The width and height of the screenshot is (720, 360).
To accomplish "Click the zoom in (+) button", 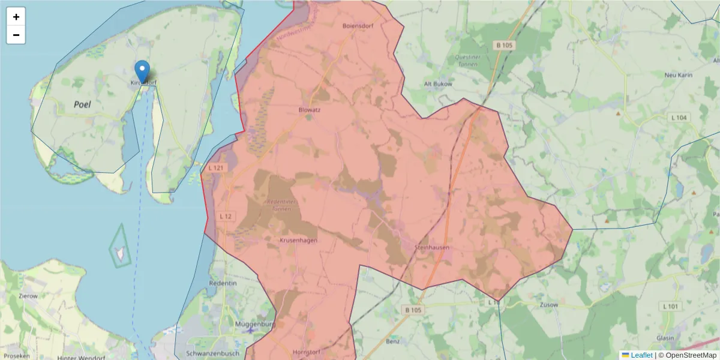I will click(x=16, y=17).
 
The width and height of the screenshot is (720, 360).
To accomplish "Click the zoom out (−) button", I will click(x=16, y=35).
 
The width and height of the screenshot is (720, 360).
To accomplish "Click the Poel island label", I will click(x=82, y=104).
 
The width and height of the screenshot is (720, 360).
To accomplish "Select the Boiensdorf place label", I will click(x=358, y=26).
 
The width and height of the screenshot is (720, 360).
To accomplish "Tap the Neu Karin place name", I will click(x=679, y=75).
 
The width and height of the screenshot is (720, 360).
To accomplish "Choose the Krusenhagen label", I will click(x=298, y=240).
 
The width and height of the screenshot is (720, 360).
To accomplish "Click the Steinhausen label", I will click(x=432, y=247).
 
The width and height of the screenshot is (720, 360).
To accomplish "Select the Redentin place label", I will click(x=223, y=283).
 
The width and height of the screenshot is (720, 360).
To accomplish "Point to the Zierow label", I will click(x=28, y=296).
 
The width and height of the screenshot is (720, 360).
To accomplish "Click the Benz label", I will click(x=393, y=341).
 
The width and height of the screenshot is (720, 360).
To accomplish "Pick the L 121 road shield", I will click(x=216, y=168).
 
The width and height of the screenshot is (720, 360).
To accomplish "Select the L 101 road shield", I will click(x=671, y=307).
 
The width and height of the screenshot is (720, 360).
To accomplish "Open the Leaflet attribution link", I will click(x=641, y=355).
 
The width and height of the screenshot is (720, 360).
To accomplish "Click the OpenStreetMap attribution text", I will click(x=691, y=355).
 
